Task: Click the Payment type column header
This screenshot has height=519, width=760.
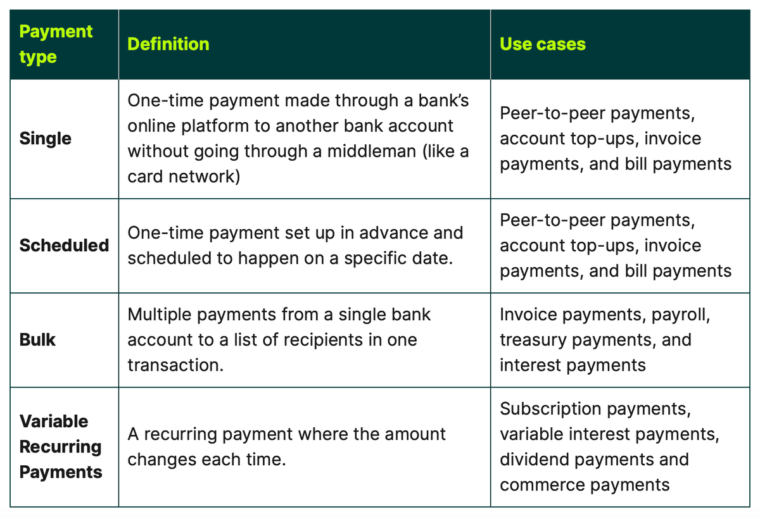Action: pyautogui.click(x=56, y=44)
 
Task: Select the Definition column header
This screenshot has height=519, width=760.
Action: pyautogui.click(x=168, y=44)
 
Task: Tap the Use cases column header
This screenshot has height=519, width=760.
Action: pyautogui.click(x=543, y=44)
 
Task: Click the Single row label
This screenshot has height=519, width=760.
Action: pyautogui.click(x=46, y=139)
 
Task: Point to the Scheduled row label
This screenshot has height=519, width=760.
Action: pyautogui.click(x=64, y=245)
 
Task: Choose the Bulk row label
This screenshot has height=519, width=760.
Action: pyautogui.click(x=37, y=340)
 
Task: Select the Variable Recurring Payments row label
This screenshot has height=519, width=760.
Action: pyautogui.click(x=61, y=446)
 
